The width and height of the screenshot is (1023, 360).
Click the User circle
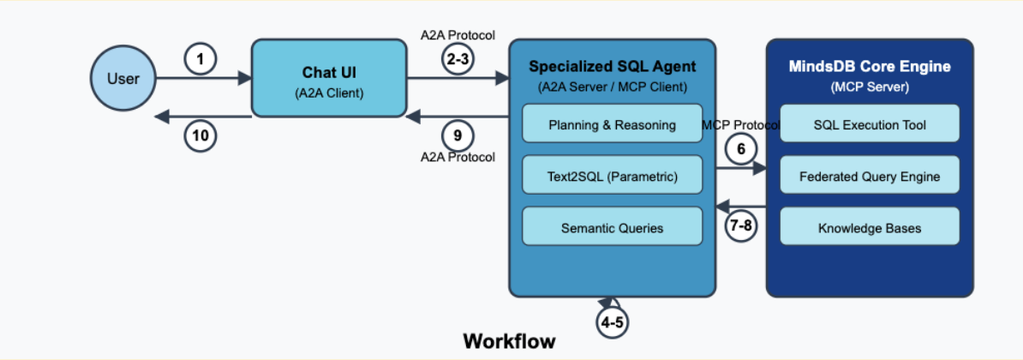(x=123, y=79)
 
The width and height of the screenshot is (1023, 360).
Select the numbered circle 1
(x=200, y=60)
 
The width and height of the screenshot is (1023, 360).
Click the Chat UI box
(x=328, y=79)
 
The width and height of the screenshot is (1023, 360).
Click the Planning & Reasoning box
(x=612, y=124)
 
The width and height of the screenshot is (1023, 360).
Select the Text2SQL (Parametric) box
(x=612, y=177)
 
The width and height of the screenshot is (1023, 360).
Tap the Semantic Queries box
(x=612, y=228)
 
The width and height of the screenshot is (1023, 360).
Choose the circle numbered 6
(x=742, y=148)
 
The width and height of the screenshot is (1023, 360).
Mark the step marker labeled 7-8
(x=742, y=225)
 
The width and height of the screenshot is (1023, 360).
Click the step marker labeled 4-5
(x=613, y=322)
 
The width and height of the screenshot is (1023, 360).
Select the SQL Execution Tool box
(x=869, y=124)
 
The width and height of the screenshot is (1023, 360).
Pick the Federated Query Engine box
(x=869, y=177)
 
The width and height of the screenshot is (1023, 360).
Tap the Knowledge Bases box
(x=869, y=228)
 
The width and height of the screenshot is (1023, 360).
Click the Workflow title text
(x=509, y=341)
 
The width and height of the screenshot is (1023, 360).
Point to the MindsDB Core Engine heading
(x=870, y=67)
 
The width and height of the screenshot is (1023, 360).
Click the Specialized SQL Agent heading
(x=612, y=67)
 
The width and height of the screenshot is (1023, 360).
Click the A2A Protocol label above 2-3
(x=458, y=35)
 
